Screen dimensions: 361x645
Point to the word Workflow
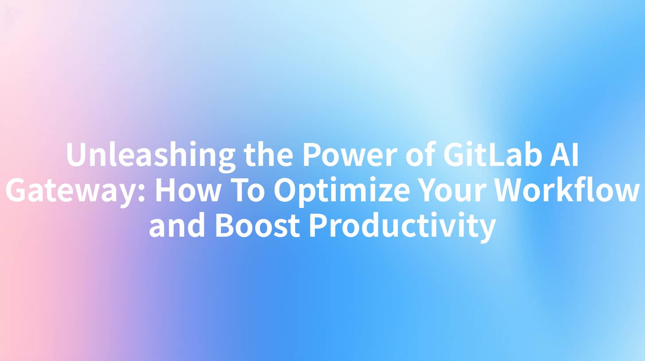click(x=567, y=190)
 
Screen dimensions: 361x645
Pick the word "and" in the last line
click(x=177, y=226)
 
